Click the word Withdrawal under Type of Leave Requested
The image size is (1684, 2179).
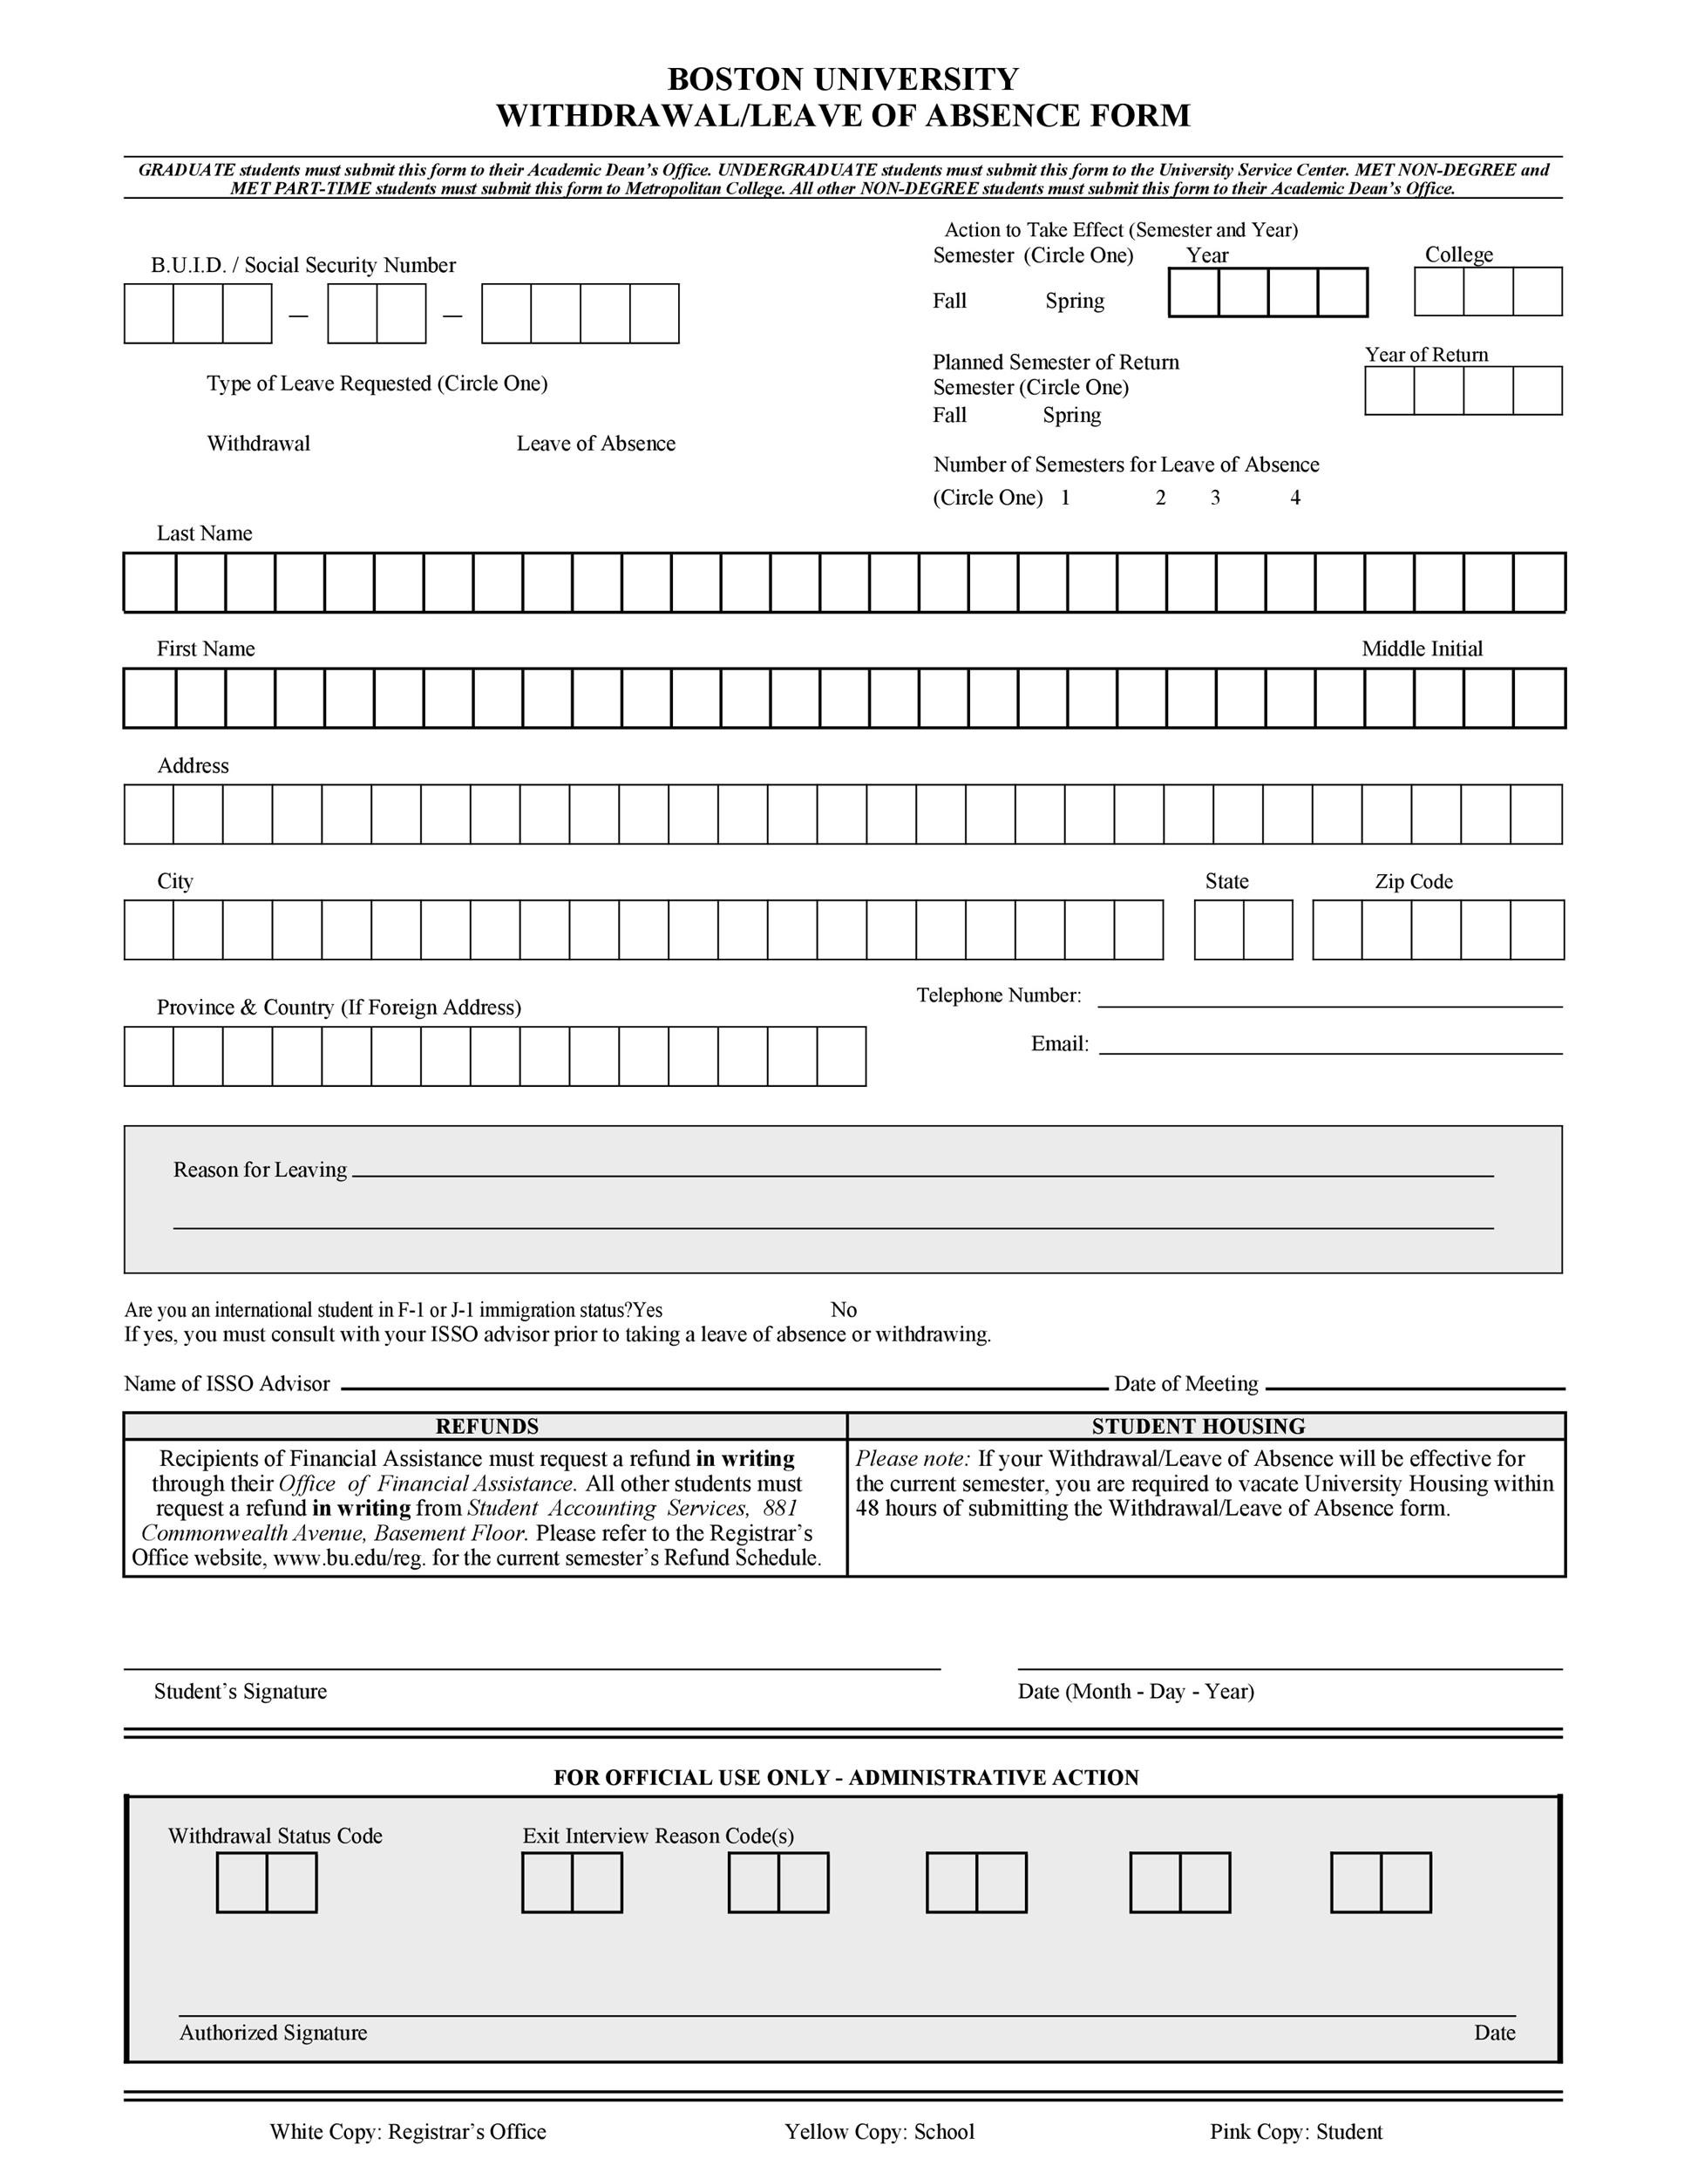point(258,444)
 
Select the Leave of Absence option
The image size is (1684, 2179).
point(595,444)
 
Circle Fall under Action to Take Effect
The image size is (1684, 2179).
point(948,302)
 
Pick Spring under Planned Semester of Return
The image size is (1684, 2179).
point(1071,415)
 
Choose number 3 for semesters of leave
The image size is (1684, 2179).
point(1215,498)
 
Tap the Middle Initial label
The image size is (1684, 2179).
point(1422,649)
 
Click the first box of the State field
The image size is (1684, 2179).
point(1218,930)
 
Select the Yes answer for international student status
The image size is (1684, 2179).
point(648,1310)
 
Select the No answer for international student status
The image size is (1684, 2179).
point(843,1310)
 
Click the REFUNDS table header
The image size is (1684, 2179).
point(487,1427)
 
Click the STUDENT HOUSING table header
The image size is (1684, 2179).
point(1198,1427)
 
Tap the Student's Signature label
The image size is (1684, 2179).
point(241,1691)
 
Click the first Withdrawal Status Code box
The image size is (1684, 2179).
point(241,1883)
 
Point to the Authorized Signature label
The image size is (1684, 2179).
point(274,2033)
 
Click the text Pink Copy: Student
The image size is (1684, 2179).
point(1296,2132)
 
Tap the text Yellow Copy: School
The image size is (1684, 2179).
point(879,2132)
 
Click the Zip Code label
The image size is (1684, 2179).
point(1413,882)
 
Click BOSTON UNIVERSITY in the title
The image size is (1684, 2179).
point(842,78)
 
